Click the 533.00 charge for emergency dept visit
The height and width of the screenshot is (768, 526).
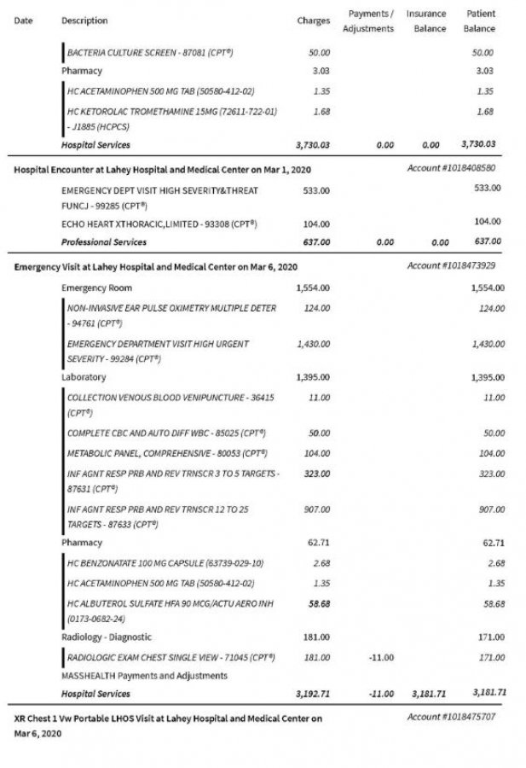316,189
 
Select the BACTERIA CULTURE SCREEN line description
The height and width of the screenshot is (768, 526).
150,53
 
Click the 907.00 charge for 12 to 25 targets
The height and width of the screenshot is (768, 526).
317,509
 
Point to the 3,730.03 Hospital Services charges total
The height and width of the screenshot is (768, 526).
310,145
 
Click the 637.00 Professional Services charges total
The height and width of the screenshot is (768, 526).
316,241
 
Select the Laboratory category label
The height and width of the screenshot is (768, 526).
84,376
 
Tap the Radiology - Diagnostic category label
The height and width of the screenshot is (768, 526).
107,637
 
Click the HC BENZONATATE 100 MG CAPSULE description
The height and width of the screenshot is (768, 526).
165,563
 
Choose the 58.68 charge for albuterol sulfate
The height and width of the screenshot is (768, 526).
318,603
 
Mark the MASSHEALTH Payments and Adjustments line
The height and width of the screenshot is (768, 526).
144,676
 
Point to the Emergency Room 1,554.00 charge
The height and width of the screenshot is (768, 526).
313,288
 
